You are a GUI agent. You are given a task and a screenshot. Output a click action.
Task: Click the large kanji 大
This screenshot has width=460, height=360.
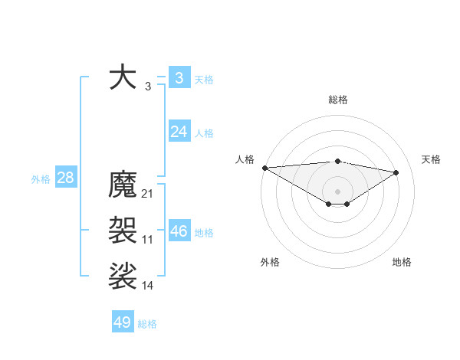pos(123,77)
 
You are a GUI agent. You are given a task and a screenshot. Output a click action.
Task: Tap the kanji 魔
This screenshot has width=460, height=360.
pos(123,185)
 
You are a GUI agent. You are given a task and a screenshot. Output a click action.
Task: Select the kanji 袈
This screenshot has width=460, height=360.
pos(123,230)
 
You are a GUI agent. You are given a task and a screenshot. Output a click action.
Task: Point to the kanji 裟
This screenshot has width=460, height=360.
pos(123,276)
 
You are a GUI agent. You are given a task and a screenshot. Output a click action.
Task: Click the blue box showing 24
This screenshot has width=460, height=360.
pos(179,132)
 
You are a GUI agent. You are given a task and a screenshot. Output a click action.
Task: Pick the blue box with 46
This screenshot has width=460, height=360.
pos(179,231)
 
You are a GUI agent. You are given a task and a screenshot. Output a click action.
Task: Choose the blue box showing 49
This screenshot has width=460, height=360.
pos(123,322)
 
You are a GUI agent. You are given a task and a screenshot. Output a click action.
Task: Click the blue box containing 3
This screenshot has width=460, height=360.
pos(179,77)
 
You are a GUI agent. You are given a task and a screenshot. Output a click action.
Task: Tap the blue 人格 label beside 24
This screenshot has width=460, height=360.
pos(204,133)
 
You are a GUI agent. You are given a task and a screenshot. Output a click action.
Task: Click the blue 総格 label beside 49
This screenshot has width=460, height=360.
pos(147,324)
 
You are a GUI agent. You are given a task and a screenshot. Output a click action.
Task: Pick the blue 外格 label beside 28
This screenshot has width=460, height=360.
pos(41,179)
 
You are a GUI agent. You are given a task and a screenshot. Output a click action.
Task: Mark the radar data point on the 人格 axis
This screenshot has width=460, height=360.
pos(264,168)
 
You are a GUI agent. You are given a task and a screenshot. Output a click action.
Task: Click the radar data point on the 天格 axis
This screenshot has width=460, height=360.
pos(396,172)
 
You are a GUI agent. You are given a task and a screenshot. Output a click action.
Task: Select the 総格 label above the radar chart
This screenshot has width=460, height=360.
pos(337,100)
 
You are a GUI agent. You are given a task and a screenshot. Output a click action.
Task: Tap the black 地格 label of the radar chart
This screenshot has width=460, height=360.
pos(402,262)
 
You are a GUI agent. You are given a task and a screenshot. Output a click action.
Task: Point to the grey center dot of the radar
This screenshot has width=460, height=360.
pos(337,190)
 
